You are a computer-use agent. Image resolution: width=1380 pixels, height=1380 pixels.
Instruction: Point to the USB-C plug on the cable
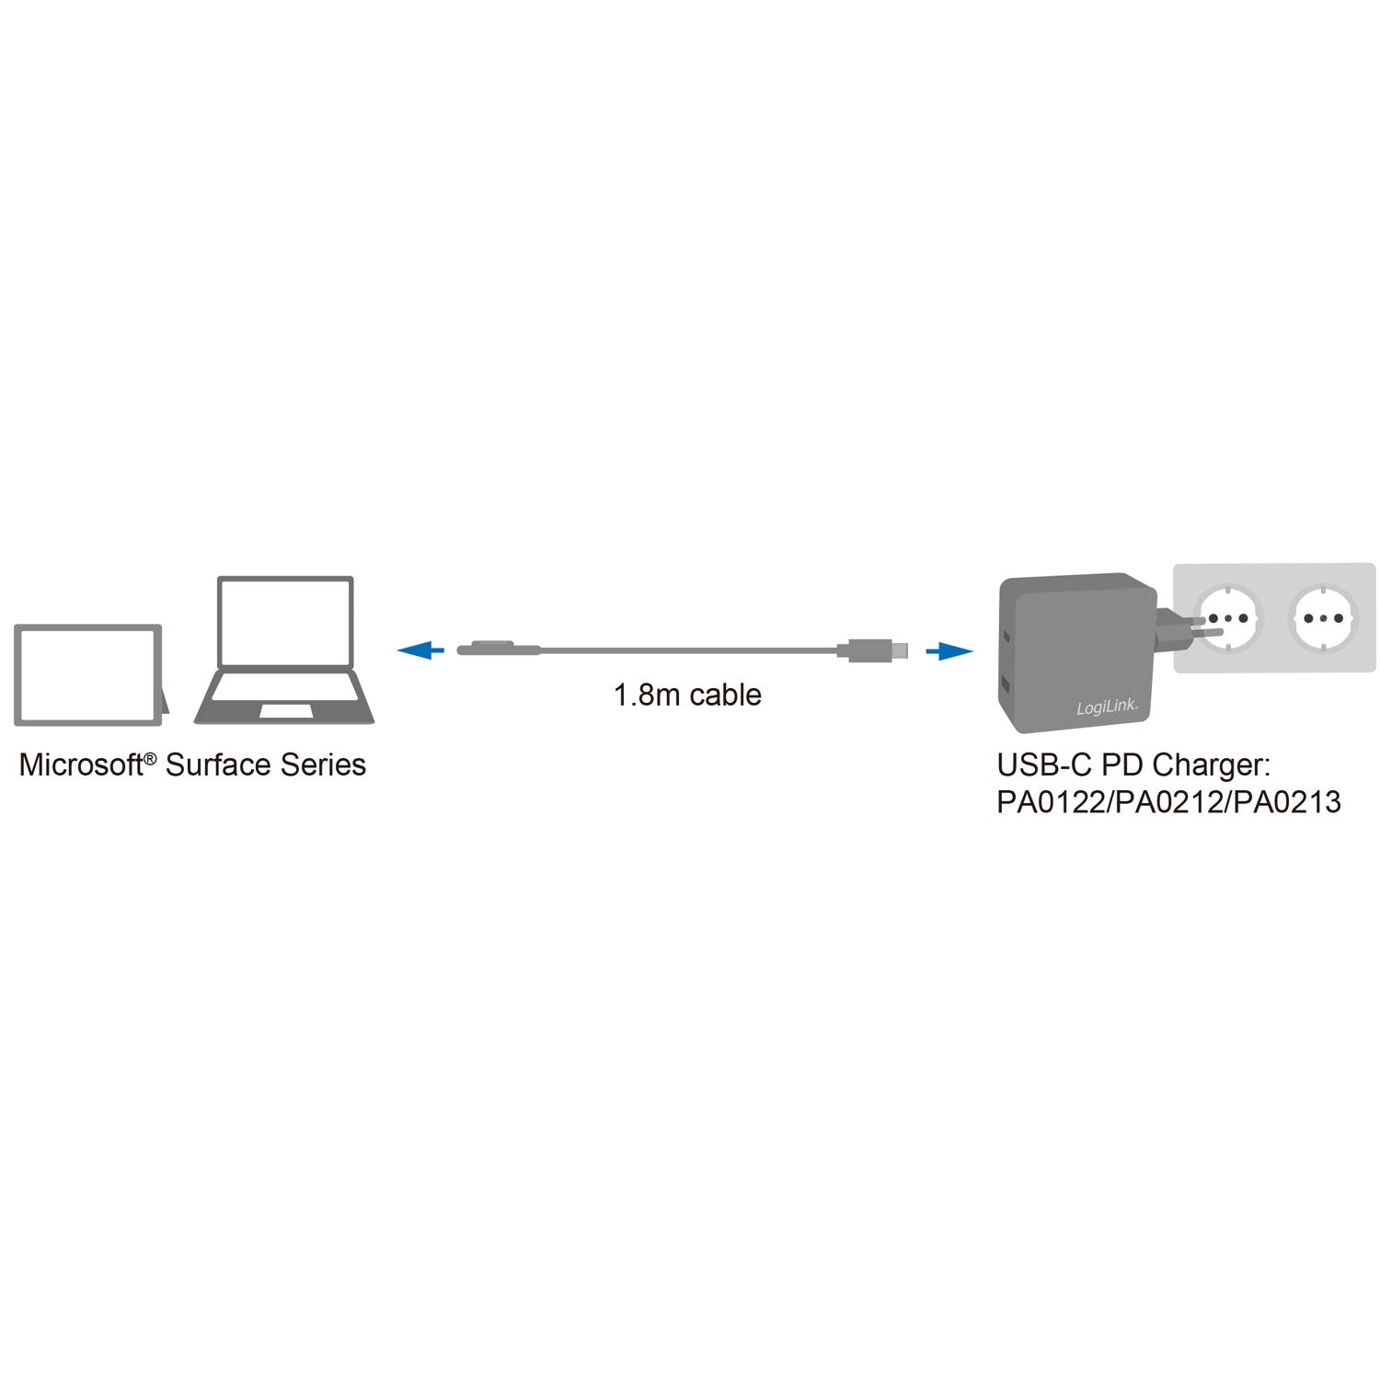(871, 650)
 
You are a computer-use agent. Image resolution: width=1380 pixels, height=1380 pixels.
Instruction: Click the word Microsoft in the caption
(81, 765)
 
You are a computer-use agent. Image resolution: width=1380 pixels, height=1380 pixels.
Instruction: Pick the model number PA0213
(1288, 803)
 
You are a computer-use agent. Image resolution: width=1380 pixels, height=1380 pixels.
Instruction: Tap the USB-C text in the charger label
(1045, 765)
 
